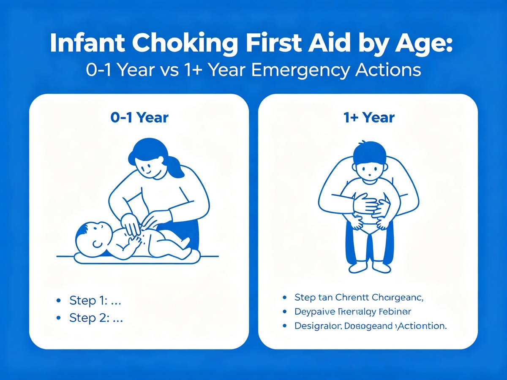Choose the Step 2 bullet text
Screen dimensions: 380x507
tap(95, 318)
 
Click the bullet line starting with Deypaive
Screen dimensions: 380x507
tap(352, 312)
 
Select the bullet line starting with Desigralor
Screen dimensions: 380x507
tap(364, 326)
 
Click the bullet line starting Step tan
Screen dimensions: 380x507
tap(359, 297)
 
